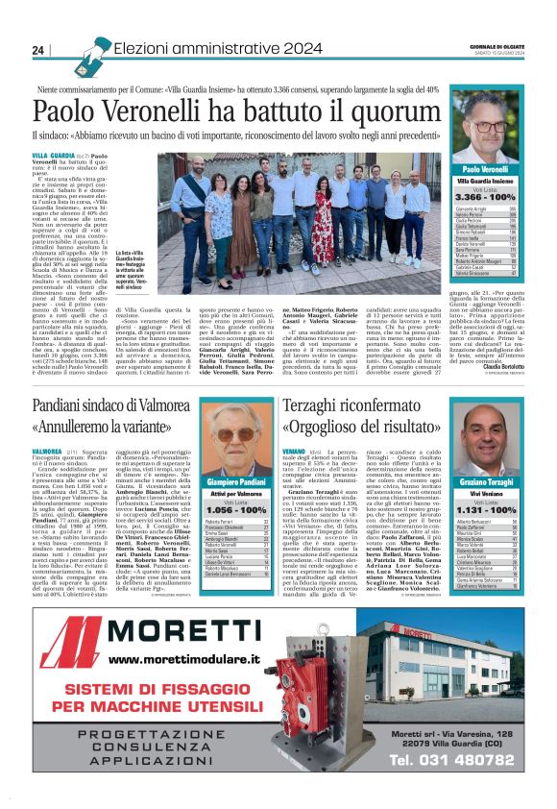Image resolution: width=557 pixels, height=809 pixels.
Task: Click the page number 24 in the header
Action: (38, 50)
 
